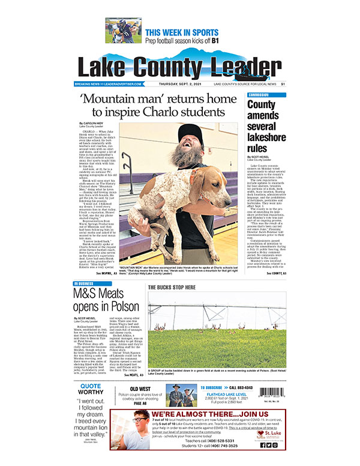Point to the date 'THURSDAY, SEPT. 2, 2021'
[183, 85]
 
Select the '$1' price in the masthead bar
[283, 85]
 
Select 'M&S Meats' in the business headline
[98, 294]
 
